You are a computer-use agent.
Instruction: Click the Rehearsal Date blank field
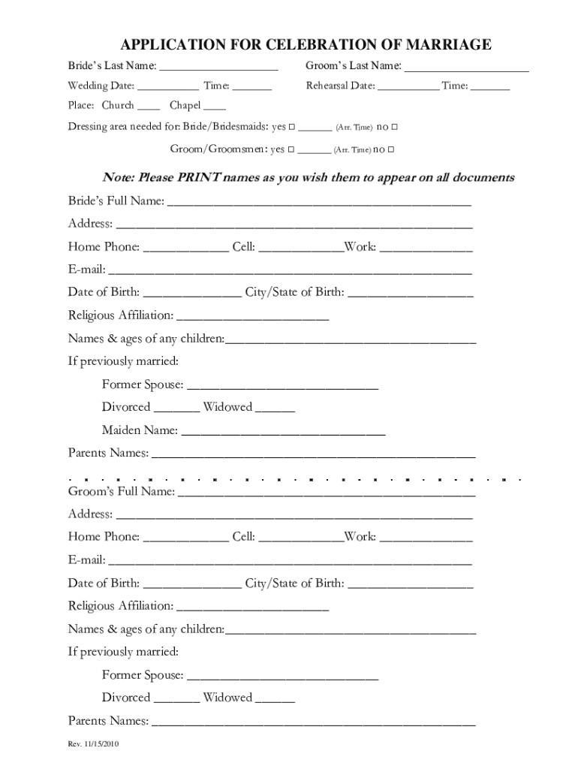pyautogui.click(x=408, y=86)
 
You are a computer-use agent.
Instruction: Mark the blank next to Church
pyautogui.click(x=149, y=106)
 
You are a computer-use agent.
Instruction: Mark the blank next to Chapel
pyautogui.click(x=215, y=106)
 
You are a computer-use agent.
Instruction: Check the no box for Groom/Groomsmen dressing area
pyautogui.click(x=391, y=150)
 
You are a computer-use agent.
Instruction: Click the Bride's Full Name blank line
pyautogui.click(x=319, y=201)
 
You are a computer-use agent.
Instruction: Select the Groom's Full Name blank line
pyautogui.click(x=327, y=492)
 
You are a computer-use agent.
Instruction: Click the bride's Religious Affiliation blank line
pyautogui.click(x=252, y=315)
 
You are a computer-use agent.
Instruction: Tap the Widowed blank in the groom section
pyautogui.click(x=275, y=698)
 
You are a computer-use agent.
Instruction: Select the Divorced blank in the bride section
pyautogui.click(x=176, y=408)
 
